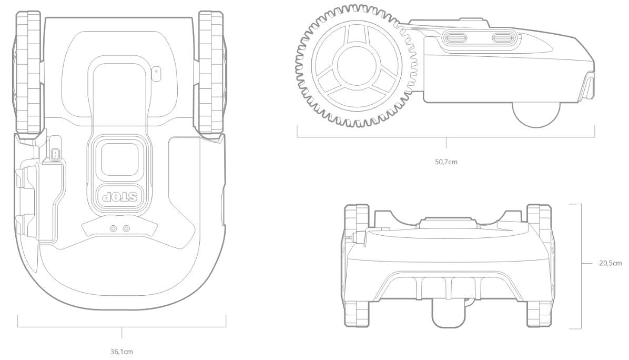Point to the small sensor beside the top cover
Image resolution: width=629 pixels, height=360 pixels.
(x=156, y=73)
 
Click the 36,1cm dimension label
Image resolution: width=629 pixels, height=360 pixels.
(x=121, y=351)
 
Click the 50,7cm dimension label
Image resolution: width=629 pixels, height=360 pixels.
(x=445, y=162)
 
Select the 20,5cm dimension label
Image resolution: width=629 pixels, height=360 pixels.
(x=610, y=263)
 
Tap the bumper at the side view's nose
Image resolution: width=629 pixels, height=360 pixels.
(x=587, y=87)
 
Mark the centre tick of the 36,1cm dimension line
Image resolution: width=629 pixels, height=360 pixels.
(x=121, y=332)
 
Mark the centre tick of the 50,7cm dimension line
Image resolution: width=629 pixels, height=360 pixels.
(x=446, y=143)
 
